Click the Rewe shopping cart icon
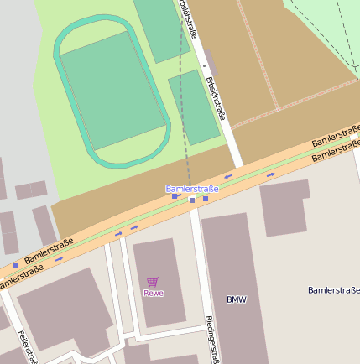[152, 282]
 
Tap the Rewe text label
[154, 293]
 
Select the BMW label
[237, 299]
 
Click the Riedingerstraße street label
[212, 339]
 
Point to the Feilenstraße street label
[26, 346]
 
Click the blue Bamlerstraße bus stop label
[191, 189]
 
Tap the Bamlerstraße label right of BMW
[333, 290]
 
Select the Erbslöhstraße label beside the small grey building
[216, 98]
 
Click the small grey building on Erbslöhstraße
[209, 64]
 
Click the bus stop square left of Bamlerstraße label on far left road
[14, 264]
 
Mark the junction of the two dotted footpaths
[279, 108]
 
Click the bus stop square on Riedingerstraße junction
[192, 200]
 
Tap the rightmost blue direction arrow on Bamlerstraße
[270, 175]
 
